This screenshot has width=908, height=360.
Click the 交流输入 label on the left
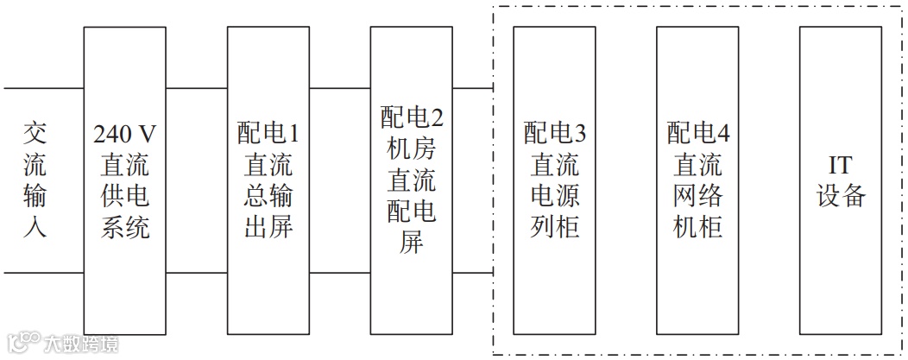35,180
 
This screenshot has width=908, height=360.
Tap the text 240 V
124,134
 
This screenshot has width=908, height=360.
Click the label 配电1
268,134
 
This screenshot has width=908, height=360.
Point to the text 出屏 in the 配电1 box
268,228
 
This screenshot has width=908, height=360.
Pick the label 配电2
412,117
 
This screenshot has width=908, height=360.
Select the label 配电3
554,134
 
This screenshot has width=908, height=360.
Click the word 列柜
554,228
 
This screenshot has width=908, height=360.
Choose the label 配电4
697,134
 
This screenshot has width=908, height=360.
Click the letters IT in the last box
840,165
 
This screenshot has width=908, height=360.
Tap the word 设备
840,196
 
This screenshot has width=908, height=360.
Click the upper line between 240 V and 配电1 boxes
196,88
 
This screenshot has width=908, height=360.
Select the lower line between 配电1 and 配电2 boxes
339,273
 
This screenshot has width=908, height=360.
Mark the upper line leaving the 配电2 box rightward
472,88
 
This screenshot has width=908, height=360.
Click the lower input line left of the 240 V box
43,273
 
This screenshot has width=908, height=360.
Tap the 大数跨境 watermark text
81,344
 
